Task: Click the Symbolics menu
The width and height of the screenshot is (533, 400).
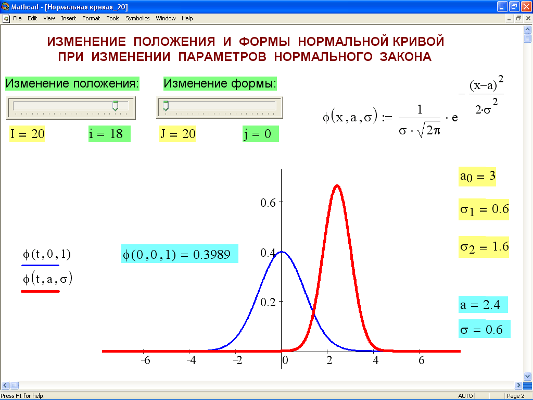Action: click(x=137, y=18)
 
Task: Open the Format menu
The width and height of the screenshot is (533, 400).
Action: click(x=91, y=18)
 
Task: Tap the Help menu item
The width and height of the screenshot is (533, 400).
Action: click(x=187, y=18)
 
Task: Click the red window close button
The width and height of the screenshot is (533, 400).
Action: click(x=526, y=6)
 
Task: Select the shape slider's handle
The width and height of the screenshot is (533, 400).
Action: click(x=166, y=106)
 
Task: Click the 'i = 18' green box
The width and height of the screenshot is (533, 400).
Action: click(x=109, y=134)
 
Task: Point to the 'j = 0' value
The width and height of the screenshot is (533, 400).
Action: click(x=260, y=134)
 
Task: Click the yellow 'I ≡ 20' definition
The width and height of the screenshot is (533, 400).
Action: click(x=27, y=134)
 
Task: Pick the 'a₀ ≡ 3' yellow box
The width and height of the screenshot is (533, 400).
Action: click(x=477, y=177)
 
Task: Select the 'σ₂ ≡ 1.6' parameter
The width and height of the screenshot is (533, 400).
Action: click(x=484, y=246)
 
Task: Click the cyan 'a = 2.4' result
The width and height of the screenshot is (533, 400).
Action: click(x=483, y=305)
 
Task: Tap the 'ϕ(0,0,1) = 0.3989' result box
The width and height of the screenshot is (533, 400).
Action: click(x=180, y=254)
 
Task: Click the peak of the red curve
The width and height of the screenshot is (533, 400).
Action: click(x=337, y=186)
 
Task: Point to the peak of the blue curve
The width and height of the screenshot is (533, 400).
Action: click(x=282, y=252)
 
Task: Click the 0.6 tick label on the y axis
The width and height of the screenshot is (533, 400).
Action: click(x=268, y=203)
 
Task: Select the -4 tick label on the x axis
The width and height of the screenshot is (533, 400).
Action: click(x=192, y=360)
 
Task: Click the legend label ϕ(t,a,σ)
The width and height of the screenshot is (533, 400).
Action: click(x=47, y=279)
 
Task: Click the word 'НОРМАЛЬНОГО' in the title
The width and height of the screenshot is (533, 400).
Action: click(x=323, y=56)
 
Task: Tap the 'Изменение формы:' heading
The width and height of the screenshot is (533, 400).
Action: click(x=220, y=83)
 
